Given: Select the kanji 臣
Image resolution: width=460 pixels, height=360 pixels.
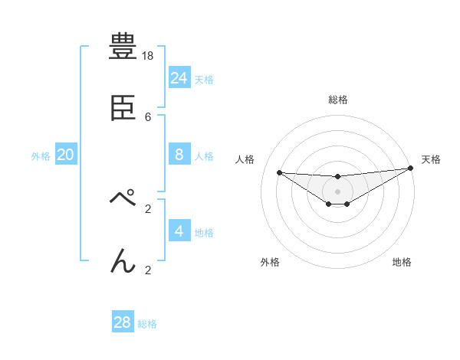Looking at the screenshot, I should coord(123,107).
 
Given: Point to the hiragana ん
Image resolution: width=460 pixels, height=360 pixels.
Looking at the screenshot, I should coord(123,260).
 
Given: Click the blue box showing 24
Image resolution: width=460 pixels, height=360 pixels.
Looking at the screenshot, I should coord(179,77).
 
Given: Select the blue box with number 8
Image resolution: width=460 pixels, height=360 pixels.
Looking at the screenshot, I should coord(179,154).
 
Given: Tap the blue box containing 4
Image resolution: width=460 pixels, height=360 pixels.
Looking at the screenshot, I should coord(179,231).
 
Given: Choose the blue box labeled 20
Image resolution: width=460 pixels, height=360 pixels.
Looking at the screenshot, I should coord(66,155).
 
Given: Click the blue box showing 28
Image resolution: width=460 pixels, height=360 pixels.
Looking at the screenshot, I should coord(123,322).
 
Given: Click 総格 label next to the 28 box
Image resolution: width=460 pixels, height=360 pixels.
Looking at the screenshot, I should coord(147,324).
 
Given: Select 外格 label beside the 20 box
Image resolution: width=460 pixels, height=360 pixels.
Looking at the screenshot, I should coord(41,156).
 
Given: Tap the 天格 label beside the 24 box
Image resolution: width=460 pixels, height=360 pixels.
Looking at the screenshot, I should coord(204,80).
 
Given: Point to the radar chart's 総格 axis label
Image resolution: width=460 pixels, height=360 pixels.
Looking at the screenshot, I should coord(337,100).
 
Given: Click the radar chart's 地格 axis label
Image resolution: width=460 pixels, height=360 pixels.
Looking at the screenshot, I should coord(402,262).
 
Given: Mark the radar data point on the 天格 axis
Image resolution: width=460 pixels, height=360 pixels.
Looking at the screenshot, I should coord(411,169).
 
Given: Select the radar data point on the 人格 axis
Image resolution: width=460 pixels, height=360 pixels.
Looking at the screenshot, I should coord(280,172).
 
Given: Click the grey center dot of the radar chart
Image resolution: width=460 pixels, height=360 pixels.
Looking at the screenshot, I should coord(337,191).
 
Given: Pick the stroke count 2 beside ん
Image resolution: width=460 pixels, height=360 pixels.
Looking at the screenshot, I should coord(148,270).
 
